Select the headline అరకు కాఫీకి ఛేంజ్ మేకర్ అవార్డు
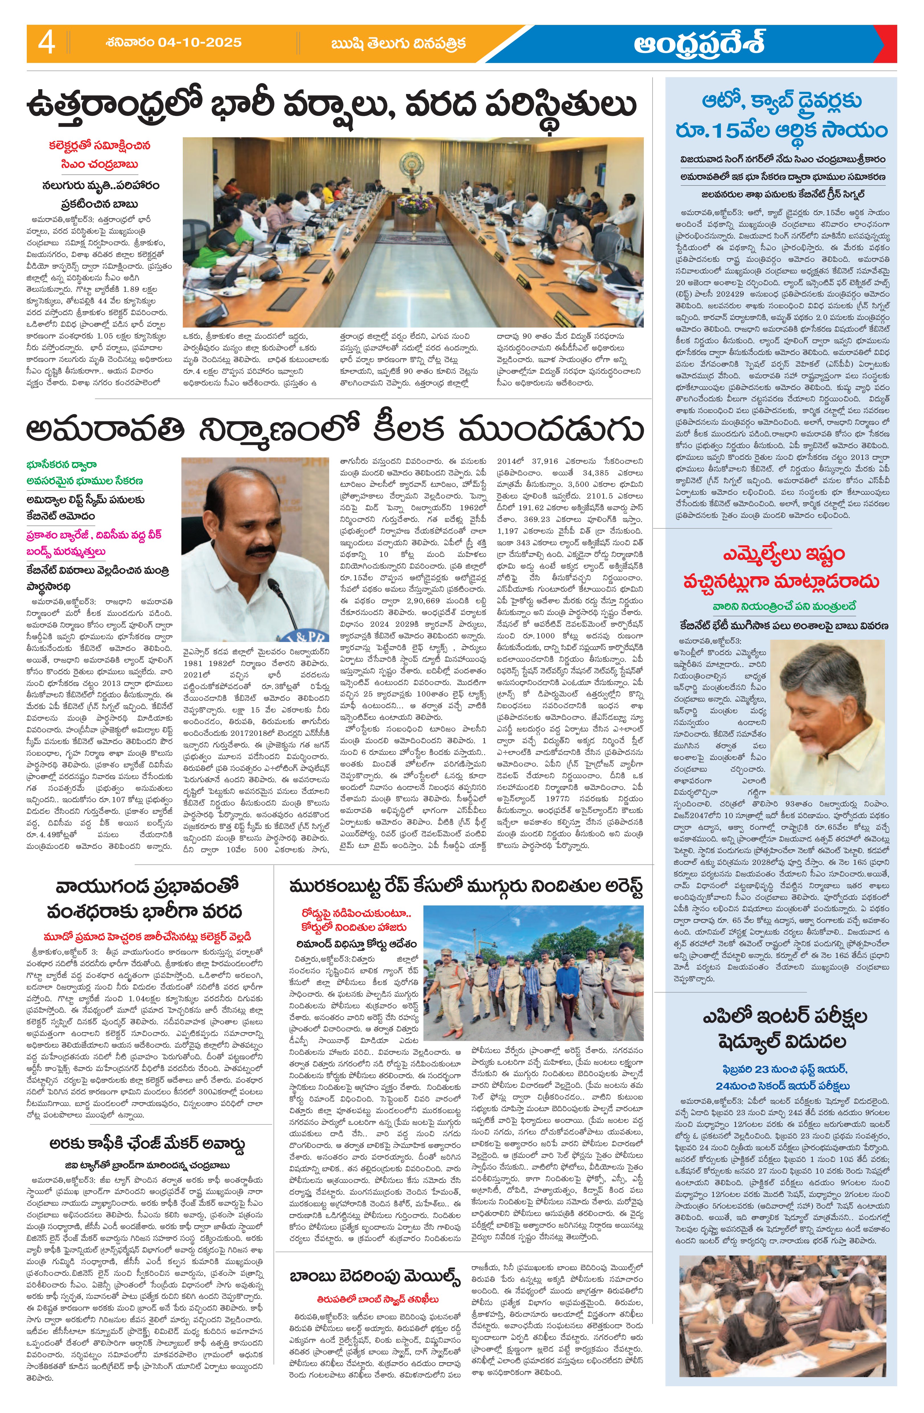point(147,1145)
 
